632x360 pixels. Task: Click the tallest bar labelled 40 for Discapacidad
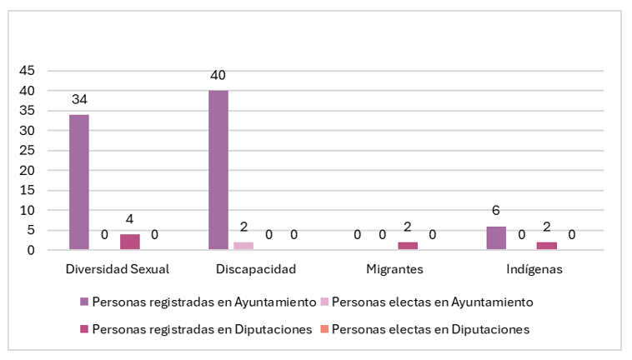(x=218, y=170)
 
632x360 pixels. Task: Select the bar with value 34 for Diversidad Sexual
(x=79, y=182)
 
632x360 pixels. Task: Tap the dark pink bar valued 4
(x=130, y=242)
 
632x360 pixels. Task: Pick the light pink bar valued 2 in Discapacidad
(x=243, y=246)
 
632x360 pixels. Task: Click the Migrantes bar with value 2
(x=408, y=246)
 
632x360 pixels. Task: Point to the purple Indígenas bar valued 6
(x=496, y=237)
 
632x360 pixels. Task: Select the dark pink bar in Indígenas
(x=547, y=246)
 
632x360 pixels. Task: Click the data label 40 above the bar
(x=218, y=75)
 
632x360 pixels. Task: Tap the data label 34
(x=79, y=99)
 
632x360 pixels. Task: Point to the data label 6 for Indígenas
(x=496, y=210)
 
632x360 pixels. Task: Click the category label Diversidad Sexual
(x=118, y=269)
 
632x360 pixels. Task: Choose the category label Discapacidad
(x=256, y=269)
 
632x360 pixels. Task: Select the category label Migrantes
(x=395, y=269)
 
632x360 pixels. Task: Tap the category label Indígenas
(x=534, y=269)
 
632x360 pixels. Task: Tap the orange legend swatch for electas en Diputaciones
(x=324, y=329)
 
